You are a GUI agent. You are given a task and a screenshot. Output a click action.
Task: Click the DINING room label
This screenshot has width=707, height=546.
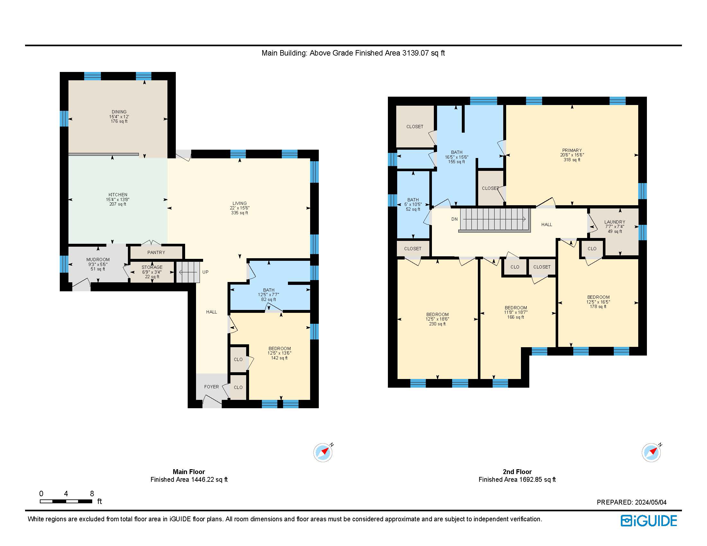pyautogui.click(x=119, y=112)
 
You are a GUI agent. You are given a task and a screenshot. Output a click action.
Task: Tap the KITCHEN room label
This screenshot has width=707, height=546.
pyautogui.click(x=118, y=195)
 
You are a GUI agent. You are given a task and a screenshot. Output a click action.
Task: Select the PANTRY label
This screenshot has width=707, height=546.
pyautogui.click(x=157, y=253)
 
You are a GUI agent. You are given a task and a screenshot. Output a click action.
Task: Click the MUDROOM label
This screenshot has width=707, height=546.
pyautogui.click(x=98, y=260)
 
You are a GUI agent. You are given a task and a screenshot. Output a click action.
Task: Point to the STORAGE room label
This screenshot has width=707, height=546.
pyautogui.click(x=152, y=267)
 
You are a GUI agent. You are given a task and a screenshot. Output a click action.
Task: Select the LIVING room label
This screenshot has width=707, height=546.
pyautogui.click(x=239, y=203)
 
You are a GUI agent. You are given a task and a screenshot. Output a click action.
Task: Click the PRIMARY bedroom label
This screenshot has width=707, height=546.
pyautogui.click(x=572, y=150)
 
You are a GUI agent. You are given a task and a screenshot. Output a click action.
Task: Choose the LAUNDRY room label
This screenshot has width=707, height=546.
pyautogui.click(x=615, y=222)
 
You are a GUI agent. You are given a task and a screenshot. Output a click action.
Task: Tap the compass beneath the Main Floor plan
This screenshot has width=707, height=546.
pyautogui.click(x=323, y=452)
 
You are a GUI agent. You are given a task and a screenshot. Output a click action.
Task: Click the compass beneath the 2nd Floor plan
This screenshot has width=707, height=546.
pyautogui.click(x=651, y=452)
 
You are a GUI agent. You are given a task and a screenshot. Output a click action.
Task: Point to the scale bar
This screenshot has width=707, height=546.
pyautogui.click(x=66, y=501)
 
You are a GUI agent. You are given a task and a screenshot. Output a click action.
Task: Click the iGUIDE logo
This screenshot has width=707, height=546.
pyautogui.click(x=649, y=521)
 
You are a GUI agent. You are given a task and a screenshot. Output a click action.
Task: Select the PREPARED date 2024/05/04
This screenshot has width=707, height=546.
pyautogui.click(x=651, y=502)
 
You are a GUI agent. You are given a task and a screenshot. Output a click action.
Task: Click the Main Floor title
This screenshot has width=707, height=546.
pyautogui.click(x=189, y=471)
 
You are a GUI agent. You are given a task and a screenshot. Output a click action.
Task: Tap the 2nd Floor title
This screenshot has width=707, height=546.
pyautogui.click(x=517, y=471)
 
